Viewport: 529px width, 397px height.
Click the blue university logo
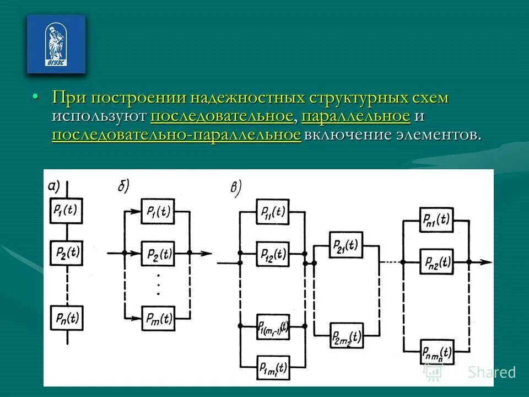(56, 44)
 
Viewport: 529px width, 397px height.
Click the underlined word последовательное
(221, 116)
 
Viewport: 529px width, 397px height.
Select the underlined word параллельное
(356, 116)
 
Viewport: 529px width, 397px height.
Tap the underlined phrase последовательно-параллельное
(176, 135)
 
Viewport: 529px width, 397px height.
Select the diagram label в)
(236, 188)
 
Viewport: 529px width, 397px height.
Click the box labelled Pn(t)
(66, 318)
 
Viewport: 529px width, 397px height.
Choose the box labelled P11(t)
(273, 212)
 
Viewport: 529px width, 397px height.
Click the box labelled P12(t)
(273, 254)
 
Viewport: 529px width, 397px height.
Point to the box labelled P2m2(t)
(346, 335)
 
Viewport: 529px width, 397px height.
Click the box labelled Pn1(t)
(435, 219)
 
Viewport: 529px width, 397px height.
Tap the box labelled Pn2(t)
(435, 261)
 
